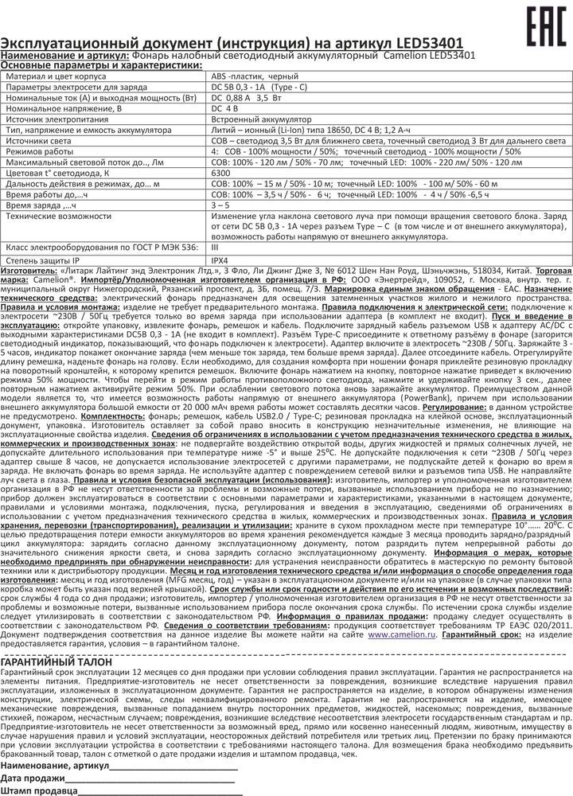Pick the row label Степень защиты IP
[x=45, y=259]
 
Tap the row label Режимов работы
[x=41, y=149]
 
